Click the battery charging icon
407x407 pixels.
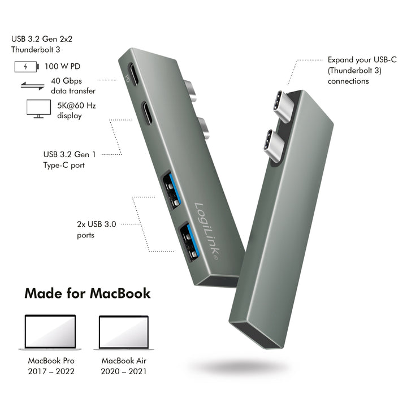pyautogui.click(x=27, y=67)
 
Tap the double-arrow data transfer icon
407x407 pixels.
pyautogui.click(x=32, y=86)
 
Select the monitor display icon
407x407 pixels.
pyautogui.click(x=38, y=109)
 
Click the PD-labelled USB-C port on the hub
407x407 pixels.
pyautogui.click(x=133, y=74)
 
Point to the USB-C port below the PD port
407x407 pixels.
pyautogui.click(x=148, y=113)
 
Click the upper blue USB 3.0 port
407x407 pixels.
pyautogui.click(x=171, y=189)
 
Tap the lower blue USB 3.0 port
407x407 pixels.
pyautogui.click(x=189, y=241)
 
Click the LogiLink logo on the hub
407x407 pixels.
pyautogui.click(x=207, y=231)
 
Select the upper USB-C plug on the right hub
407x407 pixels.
pyautogui.click(x=285, y=106)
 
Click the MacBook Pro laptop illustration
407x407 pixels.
pyautogui.click(x=50, y=332)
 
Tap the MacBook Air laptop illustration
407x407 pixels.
pyautogui.click(x=124, y=333)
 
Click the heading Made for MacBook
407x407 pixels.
pyautogui.click(x=88, y=293)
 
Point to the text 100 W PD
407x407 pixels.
pyautogui.click(x=62, y=67)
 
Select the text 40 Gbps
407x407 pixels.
pyautogui.click(x=67, y=81)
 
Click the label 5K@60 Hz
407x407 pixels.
pyautogui.click(x=76, y=106)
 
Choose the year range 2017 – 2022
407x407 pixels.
pyautogui.click(x=51, y=371)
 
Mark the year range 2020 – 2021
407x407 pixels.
pyautogui.click(x=124, y=371)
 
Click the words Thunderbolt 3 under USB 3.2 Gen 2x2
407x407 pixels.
pyautogui.click(x=36, y=50)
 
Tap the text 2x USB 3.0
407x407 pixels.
pyautogui.click(x=97, y=224)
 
